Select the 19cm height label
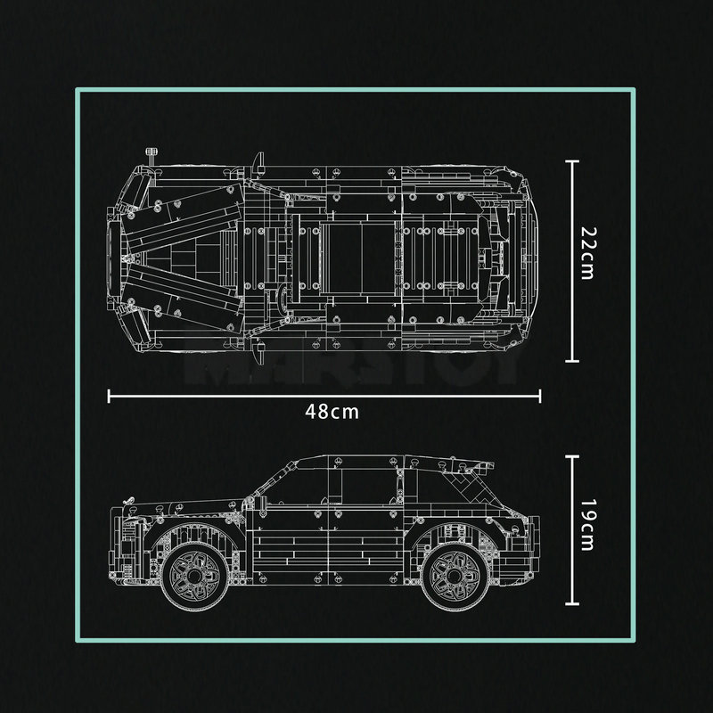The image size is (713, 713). (586, 526)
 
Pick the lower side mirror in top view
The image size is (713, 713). (258, 354)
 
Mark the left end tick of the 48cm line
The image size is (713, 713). (109, 396)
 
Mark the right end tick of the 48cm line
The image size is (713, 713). (539, 396)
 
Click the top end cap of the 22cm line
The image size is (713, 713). (572, 162)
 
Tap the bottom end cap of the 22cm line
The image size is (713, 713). (572, 361)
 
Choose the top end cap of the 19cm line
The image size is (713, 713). (572, 456)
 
